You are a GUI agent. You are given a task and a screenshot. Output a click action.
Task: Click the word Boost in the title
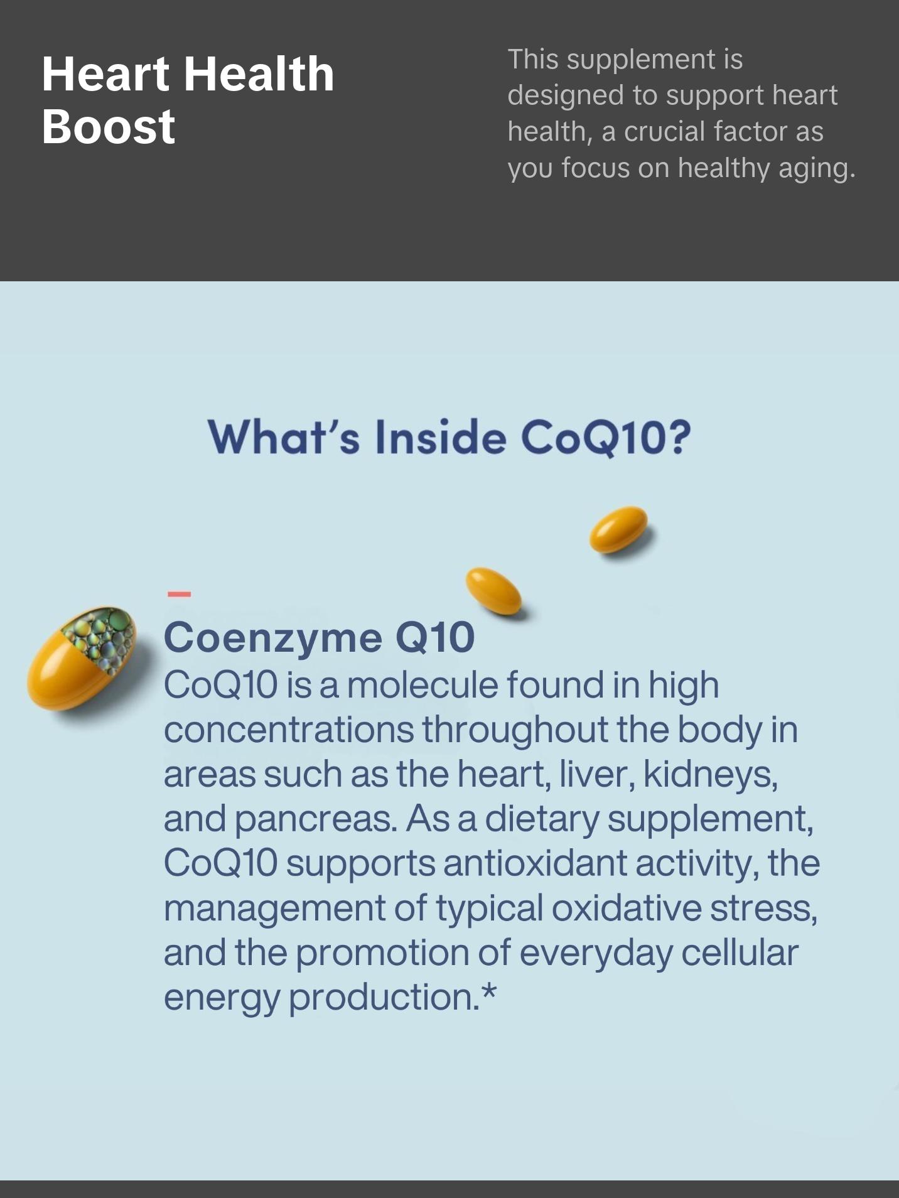click(x=108, y=126)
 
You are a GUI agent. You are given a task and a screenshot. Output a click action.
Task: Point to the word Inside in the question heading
click(x=441, y=437)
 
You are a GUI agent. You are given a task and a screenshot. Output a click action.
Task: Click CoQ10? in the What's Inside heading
click(x=606, y=437)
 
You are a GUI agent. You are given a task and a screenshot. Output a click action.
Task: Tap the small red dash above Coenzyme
click(x=179, y=593)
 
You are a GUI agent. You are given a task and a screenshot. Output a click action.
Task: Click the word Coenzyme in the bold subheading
click(x=272, y=637)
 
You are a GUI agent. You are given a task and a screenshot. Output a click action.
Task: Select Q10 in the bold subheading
click(x=434, y=637)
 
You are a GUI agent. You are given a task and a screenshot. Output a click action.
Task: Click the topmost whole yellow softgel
click(x=618, y=529)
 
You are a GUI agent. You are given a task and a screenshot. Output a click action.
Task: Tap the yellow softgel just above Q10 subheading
click(x=493, y=590)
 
